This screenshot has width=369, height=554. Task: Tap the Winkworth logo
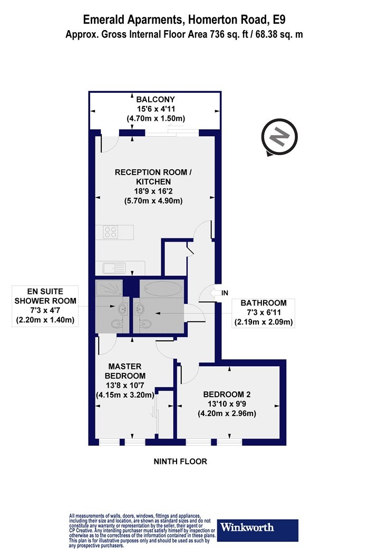257,530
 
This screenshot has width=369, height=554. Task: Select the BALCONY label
156,99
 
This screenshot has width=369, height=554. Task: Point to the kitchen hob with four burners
111,232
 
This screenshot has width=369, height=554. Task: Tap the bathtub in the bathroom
161,288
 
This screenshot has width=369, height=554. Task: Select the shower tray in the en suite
109,288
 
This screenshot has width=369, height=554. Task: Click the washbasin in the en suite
123,309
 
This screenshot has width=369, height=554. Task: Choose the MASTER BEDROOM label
124,371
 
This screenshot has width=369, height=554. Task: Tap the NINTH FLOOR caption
180,462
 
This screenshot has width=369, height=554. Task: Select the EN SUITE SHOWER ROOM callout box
45,306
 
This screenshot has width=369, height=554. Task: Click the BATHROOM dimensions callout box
264,313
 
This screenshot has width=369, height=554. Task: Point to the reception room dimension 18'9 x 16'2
153,192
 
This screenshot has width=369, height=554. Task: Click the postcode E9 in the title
278,20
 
